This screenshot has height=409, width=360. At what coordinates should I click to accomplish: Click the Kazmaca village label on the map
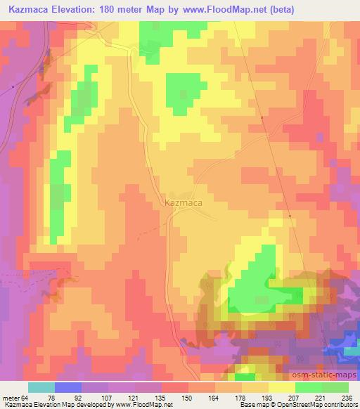[x=184, y=203]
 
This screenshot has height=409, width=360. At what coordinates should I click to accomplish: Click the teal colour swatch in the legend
[x=41, y=387]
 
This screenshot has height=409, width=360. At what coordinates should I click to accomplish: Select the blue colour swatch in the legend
[x=68, y=387]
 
